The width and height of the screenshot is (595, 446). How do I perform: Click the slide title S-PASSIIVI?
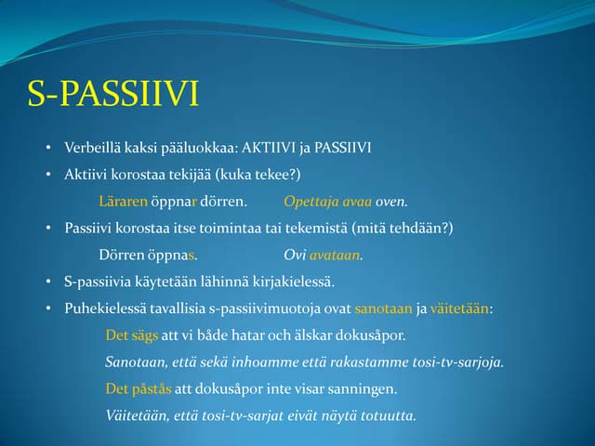tap(114, 95)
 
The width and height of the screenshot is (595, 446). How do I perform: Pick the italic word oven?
tap(392, 202)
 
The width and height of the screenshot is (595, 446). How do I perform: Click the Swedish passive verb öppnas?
tap(174, 255)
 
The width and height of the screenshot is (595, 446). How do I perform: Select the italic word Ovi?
tap(295, 255)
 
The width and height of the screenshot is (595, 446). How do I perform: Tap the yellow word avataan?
tap(335, 255)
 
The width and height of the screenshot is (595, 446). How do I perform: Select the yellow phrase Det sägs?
tap(131, 335)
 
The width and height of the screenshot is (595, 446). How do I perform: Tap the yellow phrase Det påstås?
tap(137, 388)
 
